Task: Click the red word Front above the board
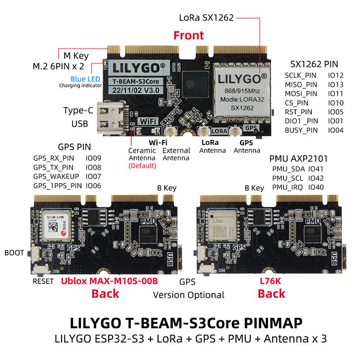(189, 35)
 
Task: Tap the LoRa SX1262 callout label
(206, 18)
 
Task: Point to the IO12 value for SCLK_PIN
(336, 76)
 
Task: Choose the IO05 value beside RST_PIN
(336, 112)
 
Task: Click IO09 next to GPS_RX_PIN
(93, 158)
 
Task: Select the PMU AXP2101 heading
(298, 158)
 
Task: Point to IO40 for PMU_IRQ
(316, 187)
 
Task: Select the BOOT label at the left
(14, 253)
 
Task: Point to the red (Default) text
(142, 166)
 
